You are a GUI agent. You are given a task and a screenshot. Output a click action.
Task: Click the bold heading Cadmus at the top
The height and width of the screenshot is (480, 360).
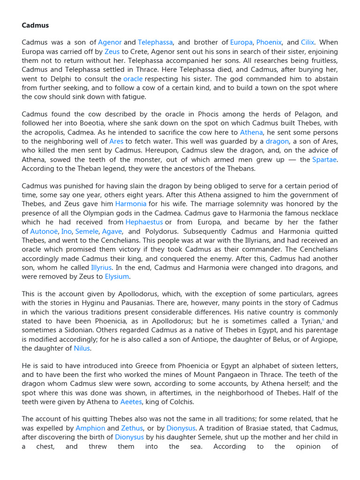(35, 25)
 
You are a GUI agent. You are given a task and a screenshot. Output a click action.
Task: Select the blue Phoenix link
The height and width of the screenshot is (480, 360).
(269, 42)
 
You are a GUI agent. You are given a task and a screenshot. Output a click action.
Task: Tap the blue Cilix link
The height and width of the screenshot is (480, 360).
(307, 42)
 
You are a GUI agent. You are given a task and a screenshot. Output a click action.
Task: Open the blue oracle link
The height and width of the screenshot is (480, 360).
(133, 79)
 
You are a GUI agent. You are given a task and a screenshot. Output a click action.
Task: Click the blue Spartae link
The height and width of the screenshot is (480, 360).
(325, 159)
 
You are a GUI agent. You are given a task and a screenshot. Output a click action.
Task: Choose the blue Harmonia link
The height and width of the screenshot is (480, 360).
(131, 204)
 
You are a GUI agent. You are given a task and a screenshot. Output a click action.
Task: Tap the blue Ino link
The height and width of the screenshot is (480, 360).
(67, 231)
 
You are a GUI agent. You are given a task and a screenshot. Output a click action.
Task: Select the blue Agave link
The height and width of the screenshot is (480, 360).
(112, 231)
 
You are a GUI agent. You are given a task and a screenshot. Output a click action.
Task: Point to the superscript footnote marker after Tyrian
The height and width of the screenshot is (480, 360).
(322, 320)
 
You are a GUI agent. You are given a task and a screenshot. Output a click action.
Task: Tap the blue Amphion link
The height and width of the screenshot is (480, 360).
(90, 428)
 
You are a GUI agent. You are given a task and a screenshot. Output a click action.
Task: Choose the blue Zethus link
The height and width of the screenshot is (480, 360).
(132, 428)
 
